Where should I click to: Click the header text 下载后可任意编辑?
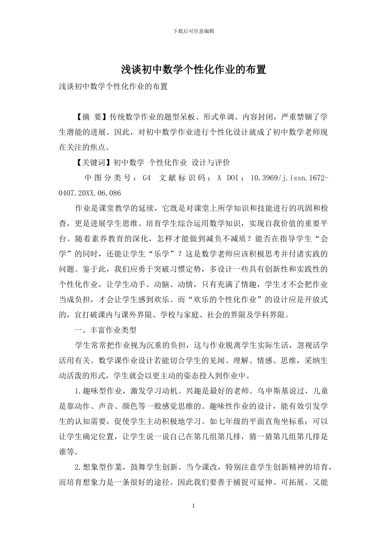coord(193,31)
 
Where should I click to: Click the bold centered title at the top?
coord(193,70)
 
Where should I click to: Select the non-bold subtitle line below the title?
coord(113,86)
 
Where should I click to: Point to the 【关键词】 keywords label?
coord(94,163)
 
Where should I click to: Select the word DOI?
coord(234,178)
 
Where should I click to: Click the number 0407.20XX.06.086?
coord(90,193)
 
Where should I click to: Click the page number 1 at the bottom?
coord(193,506)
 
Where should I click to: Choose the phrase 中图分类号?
coord(108,178)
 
